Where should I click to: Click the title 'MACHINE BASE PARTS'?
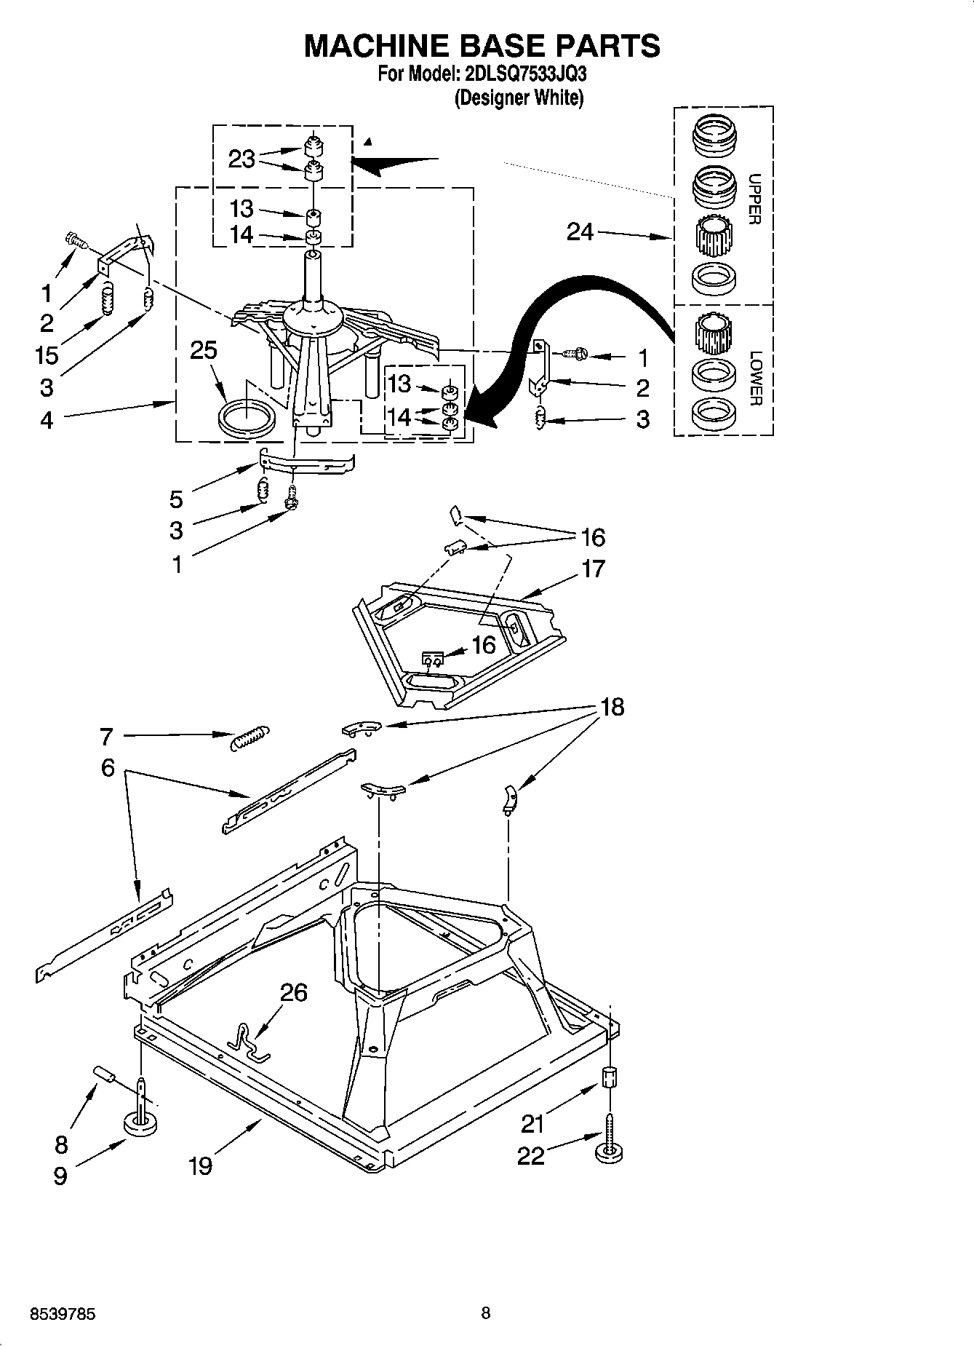click(482, 46)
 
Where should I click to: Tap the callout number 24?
click(580, 232)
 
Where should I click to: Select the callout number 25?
click(204, 350)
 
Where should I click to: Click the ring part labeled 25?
click(247, 420)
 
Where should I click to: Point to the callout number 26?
click(293, 992)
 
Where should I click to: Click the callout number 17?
click(594, 569)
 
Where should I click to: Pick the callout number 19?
click(200, 1166)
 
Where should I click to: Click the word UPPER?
click(754, 199)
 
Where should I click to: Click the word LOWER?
click(755, 379)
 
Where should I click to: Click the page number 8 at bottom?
click(486, 1313)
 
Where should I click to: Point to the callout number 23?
click(241, 159)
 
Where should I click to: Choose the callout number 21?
click(532, 1124)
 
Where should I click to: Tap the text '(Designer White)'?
click(519, 98)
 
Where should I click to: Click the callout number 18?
click(612, 707)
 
